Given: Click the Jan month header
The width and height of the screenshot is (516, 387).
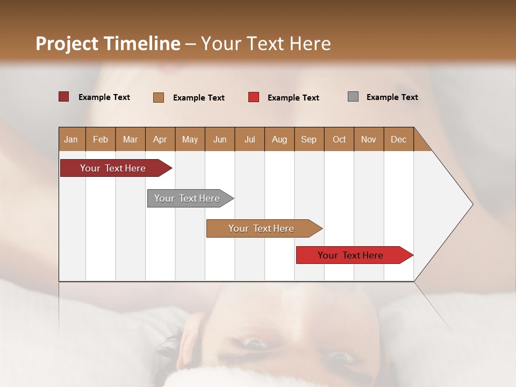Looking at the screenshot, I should pyautogui.click(x=71, y=139).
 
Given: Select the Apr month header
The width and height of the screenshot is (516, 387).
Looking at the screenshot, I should pyautogui.click(x=160, y=139).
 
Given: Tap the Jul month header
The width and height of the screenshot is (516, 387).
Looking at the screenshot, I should pyautogui.click(x=249, y=139).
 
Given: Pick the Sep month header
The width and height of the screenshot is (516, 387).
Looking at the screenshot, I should pyautogui.click(x=309, y=139).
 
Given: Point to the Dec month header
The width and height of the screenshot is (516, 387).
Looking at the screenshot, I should pyautogui.click(x=398, y=139).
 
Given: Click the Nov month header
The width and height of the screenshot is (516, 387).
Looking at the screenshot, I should pyautogui.click(x=368, y=139).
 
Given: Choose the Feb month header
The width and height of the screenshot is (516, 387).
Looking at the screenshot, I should pyautogui.click(x=101, y=139).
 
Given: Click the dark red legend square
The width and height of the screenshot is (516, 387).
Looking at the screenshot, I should pyautogui.click(x=63, y=97).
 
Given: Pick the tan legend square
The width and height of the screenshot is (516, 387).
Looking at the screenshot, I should pyautogui.click(x=159, y=97).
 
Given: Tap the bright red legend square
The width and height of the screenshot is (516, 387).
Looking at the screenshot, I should pyautogui.click(x=254, y=97).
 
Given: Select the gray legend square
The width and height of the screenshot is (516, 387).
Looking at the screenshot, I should pyautogui.click(x=353, y=97).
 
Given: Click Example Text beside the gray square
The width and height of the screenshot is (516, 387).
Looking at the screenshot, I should pyautogui.click(x=392, y=97).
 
